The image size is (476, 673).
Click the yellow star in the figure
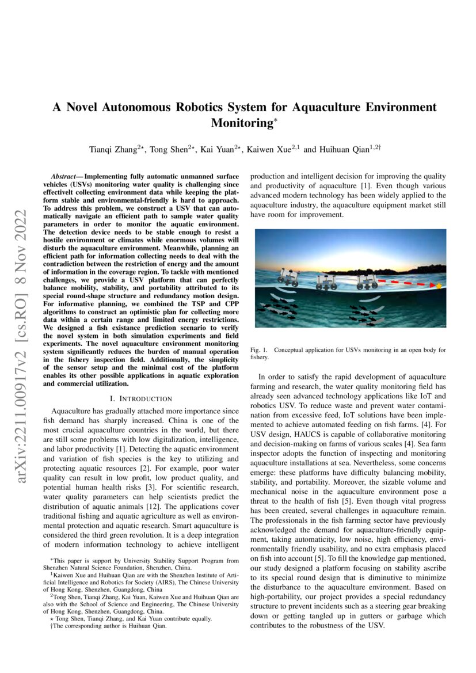point(439,286)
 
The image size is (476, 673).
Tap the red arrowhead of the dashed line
point(432,284)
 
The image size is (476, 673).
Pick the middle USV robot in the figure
point(327,281)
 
